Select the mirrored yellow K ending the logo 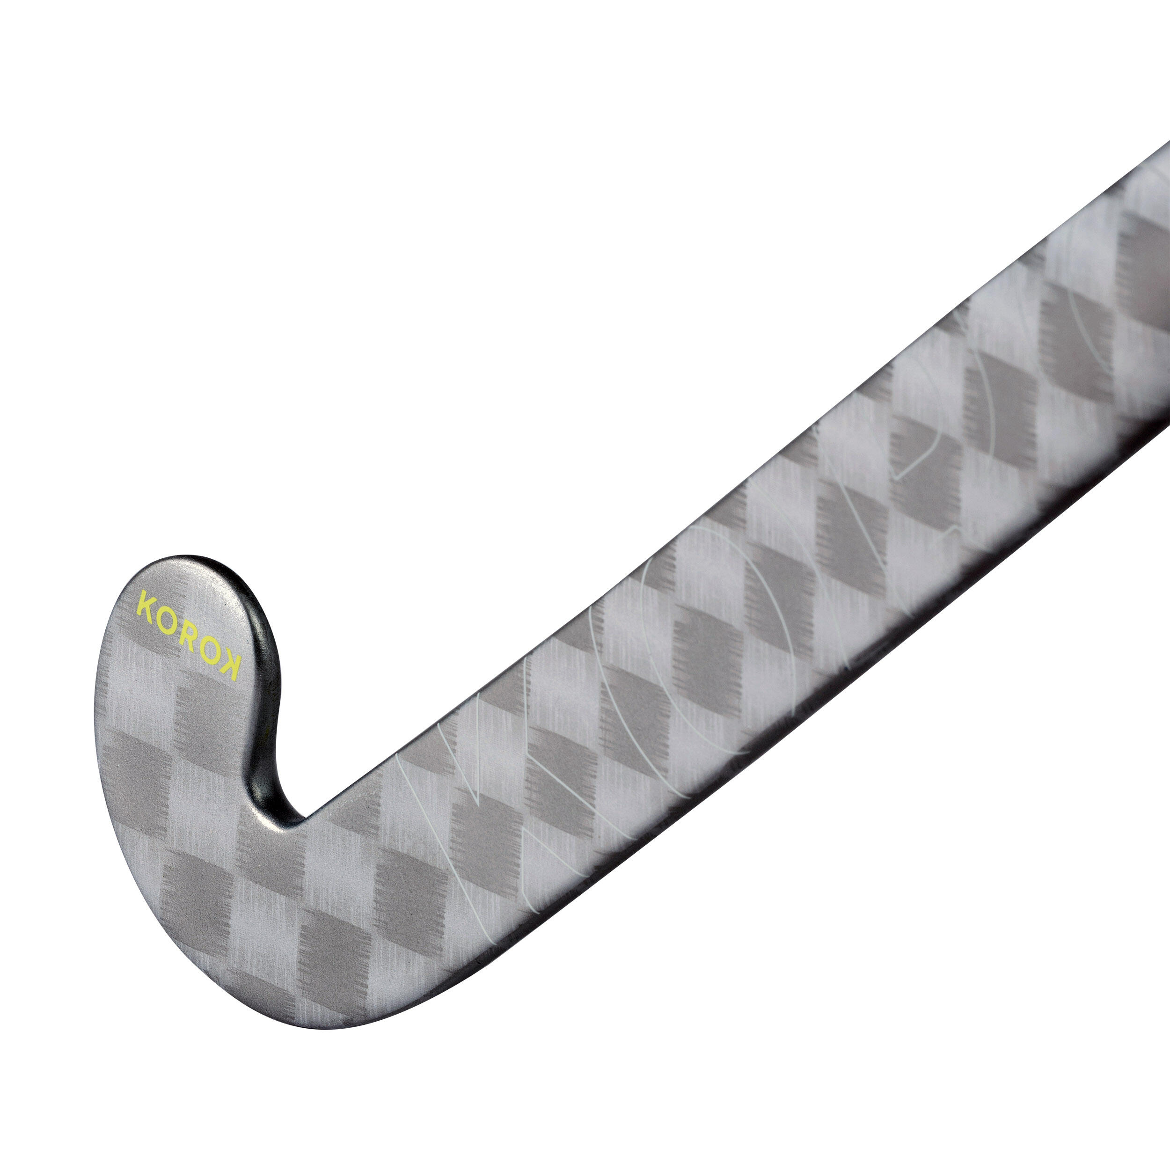230,667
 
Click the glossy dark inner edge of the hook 270,696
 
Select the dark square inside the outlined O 709,642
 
